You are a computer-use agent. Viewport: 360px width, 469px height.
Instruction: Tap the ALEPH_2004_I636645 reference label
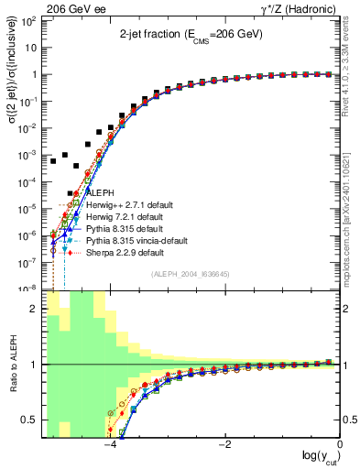point(191,275)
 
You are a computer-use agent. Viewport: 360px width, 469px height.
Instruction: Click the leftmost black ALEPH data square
point(53,161)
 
